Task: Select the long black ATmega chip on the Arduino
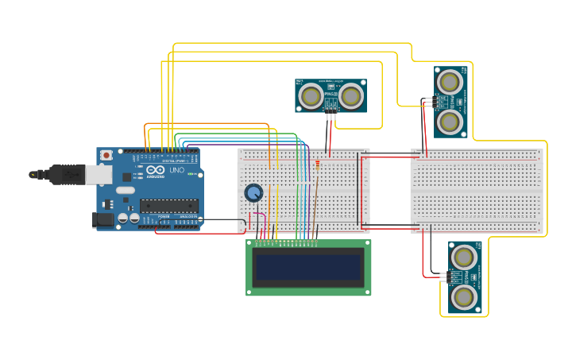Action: point(168,206)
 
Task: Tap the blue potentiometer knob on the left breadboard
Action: point(253,193)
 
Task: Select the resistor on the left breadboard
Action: point(318,165)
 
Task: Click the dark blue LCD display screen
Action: point(308,268)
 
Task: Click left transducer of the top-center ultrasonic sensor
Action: point(311,95)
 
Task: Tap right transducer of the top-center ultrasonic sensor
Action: point(353,95)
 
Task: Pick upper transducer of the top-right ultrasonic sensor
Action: point(450,81)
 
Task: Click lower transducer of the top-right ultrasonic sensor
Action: point(450,121)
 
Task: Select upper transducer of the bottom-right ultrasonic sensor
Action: point(464,257)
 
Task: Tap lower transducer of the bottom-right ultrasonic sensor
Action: point(464,297)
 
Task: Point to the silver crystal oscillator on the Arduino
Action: point(125,191)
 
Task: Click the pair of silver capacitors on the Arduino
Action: point(129,218)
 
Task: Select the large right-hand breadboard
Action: point(478,191)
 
